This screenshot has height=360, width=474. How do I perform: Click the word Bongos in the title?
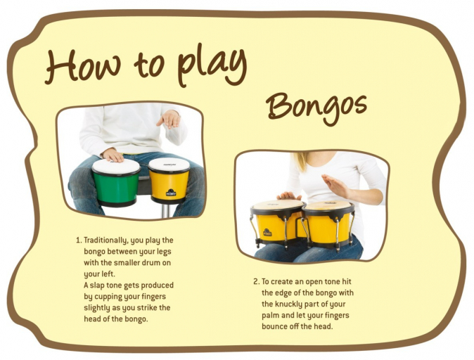pos(317,108)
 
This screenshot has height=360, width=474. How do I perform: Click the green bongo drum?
pos(116,183)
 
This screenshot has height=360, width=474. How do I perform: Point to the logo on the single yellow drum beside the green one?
pos(171,192)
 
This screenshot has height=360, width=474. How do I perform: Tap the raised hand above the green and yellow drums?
pos(169,119)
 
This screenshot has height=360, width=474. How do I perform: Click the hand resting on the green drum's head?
pos(113,155)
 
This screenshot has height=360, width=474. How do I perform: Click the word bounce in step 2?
pos(274,326)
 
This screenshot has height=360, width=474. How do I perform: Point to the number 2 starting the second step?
pos(256,282)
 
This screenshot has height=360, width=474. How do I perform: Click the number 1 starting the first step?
pos(79,240)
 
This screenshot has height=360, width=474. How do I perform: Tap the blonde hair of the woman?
pos(301,162)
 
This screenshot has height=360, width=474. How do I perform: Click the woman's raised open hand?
pos(335,186)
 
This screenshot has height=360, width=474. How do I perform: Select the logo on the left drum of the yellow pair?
pos(267,232)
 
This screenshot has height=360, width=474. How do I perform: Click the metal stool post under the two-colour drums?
pos(165,210)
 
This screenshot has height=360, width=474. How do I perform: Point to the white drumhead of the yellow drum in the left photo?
pos(169,165)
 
